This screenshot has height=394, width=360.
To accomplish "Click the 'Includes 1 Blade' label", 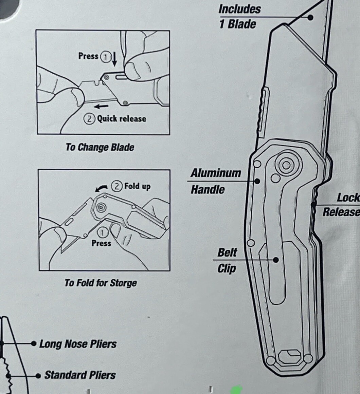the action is tap(239, 17).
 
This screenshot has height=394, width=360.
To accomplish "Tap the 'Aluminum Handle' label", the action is tap(215, 181).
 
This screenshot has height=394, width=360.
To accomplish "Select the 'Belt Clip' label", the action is tap(227, 260).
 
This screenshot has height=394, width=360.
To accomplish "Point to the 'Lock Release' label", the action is tap(341, 205).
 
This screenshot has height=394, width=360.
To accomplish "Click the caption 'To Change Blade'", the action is tap(100, 147).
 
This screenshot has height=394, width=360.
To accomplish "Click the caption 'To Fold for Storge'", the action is tap(101, 283).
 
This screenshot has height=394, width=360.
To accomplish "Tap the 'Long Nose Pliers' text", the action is tap(78, 344).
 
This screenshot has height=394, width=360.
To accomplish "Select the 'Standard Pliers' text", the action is tap(80, 375).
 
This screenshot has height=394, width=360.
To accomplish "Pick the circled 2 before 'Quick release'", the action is tap(89, 118).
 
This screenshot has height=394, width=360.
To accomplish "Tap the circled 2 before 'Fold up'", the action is tap(117, 186).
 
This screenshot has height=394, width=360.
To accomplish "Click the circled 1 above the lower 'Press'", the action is tap(102, 233).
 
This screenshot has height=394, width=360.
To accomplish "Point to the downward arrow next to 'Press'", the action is tap(114, 59).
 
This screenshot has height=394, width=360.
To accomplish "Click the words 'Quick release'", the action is tap(122, 118).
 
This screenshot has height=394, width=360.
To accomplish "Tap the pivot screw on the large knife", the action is tap(286, 165).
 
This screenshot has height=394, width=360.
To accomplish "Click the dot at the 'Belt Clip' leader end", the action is tap(276, 260).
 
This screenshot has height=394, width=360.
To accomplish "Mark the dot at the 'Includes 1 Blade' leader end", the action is tap(310, 17).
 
